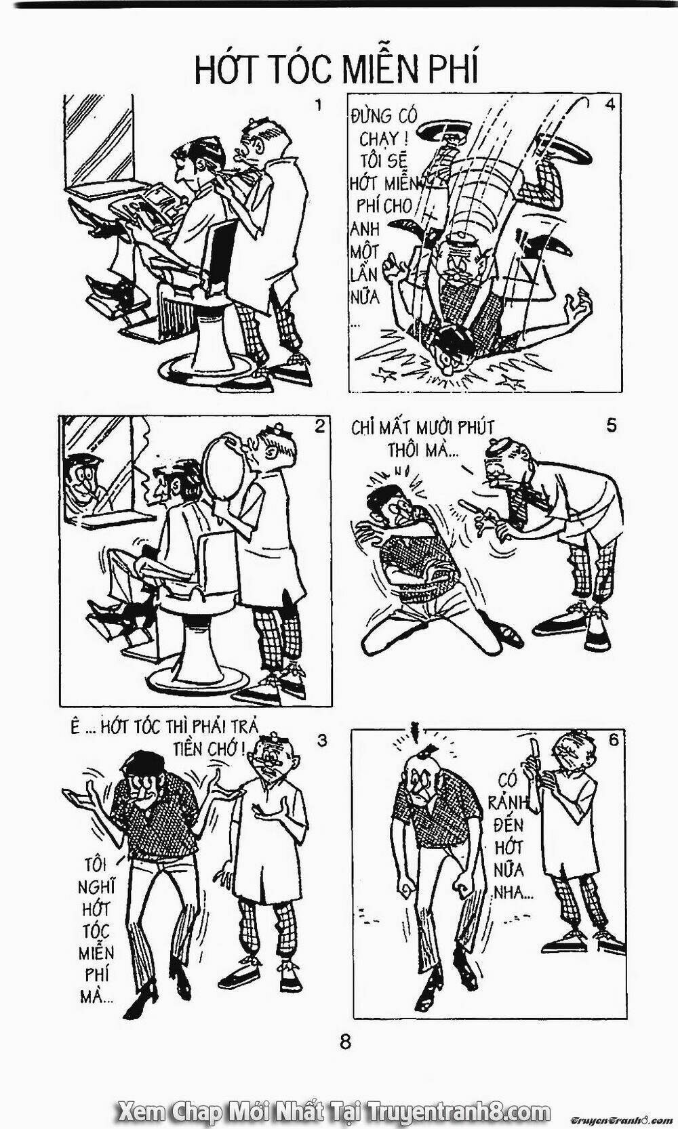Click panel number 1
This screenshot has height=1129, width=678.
coord(317,107)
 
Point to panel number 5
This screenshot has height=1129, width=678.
coord(611,426)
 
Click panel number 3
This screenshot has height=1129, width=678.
coord(323,741)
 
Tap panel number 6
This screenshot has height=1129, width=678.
coord(612,740)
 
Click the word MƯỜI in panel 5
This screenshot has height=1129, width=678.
coord(433,429)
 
